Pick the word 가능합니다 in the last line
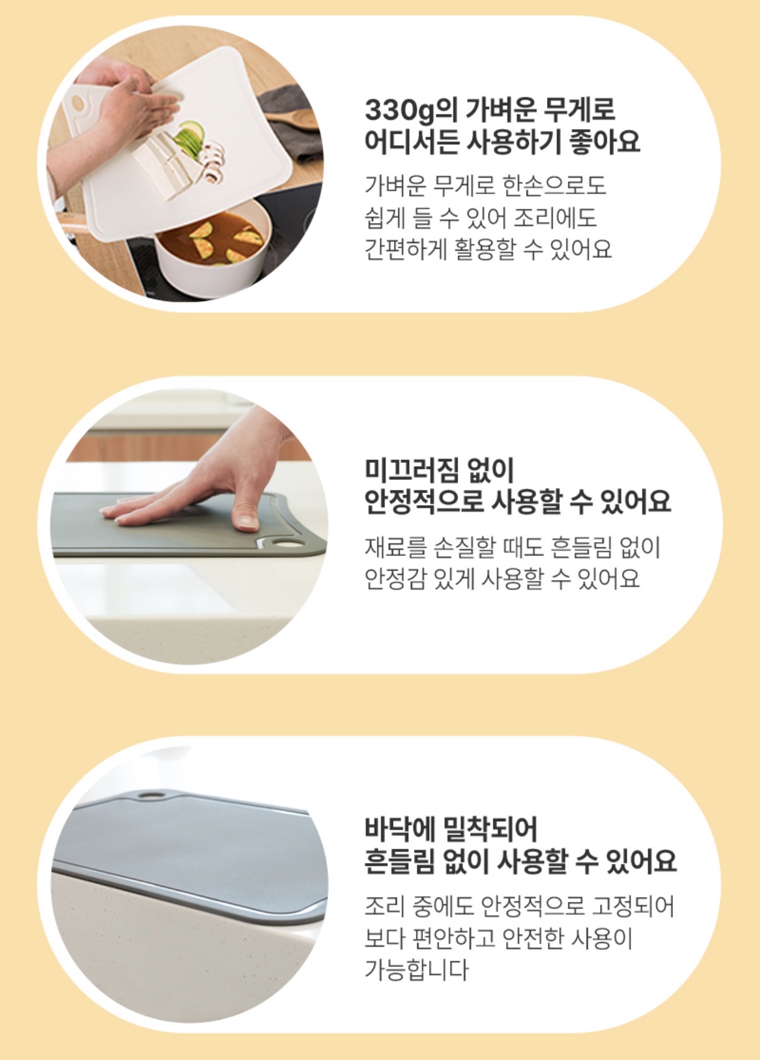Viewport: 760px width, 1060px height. pos(417,969)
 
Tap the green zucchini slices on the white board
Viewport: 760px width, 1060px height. pos(191,138)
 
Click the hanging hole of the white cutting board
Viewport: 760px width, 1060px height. pos(78,103)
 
